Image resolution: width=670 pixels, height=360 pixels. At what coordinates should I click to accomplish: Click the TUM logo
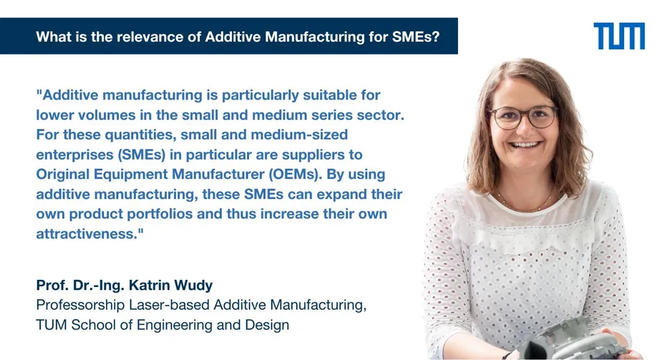[x=619, y=36]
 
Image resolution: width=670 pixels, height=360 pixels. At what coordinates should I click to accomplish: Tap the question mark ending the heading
[x=435, y=37]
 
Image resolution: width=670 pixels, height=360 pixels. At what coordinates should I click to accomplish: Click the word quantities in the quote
[x=140, y=135]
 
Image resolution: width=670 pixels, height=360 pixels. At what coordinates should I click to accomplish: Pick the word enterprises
[x=74, y=155]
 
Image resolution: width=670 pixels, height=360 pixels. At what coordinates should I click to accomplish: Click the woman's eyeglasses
[x=523, y=117]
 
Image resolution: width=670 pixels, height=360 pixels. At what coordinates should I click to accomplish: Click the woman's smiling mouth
[x=526, y=145]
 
